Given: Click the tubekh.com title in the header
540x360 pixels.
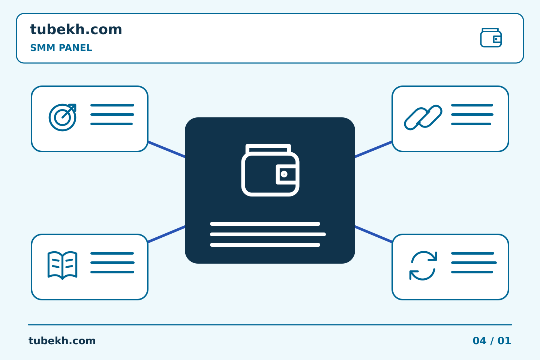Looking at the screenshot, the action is (76, 29).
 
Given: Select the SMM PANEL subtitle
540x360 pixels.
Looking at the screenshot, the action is (61, 48).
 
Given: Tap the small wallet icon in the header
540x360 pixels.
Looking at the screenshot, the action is (491, 37).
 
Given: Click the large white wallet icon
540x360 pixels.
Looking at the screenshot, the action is (270, 170).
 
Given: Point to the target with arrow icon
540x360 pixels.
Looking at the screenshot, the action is (62, 117).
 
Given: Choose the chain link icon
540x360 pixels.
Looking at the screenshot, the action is (423, 117).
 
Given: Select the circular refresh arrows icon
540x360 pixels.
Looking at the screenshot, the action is (423, 265).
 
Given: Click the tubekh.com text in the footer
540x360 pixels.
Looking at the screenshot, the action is (62, 341).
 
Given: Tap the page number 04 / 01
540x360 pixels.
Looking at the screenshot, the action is (492, 341).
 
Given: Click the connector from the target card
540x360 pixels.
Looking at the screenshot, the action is (166, 149).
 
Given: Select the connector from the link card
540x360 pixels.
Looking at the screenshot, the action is (373, 149).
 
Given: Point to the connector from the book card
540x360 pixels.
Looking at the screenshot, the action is (166, 234).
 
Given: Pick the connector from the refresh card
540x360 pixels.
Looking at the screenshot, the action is (373, 234).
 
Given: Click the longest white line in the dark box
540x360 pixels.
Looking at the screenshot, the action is (268, 234).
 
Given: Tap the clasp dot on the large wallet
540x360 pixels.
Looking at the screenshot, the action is (284, 174).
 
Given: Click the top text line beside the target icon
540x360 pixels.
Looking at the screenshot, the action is (112, 105).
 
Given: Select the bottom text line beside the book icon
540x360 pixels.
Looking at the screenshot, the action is (112, 272).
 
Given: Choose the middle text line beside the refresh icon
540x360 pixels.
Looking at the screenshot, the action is (474, 262).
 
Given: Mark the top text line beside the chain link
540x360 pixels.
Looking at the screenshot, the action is (472, 105).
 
